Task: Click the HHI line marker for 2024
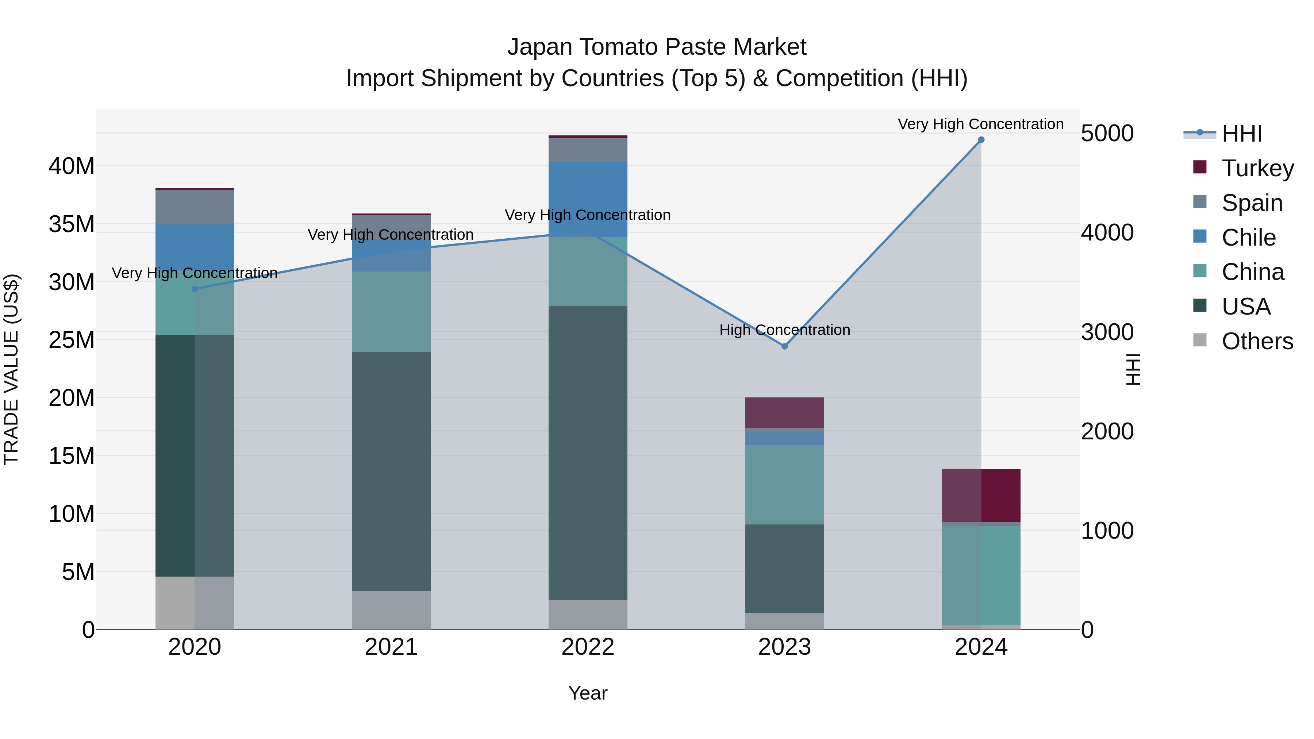pyautogui.click(x=980, y=140)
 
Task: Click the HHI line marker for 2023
pyautogui.click(x=784, y=346)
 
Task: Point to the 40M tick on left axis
pyautogui.click(x=72, y=166)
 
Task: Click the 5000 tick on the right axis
pyautogui.click(x=1107, y=133)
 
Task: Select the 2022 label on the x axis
pyautogui.click(x=588, y=647)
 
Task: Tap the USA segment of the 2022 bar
pyautogui.click(x=588, y=453)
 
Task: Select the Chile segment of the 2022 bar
pyautogui.click(x=588, y=199)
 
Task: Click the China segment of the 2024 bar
pyautogui.click(x=980, y=575)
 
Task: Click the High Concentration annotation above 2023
pyautogui.click(x=784, y=330)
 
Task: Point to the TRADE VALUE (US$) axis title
pyautogui.click(x=11, y=369)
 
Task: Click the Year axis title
pyautogui.click(x=588, y=693)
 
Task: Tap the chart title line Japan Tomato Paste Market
pyautogui.click(x=657, y=47)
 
